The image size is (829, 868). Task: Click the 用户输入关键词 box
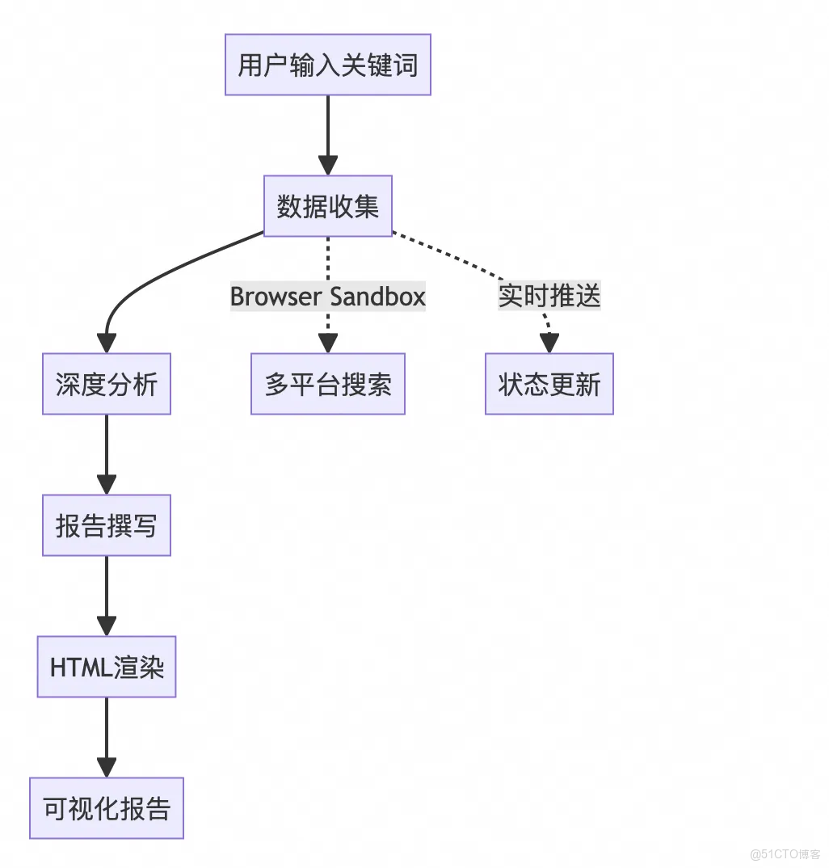click(327, 65)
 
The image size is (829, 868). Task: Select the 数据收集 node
click(327, 206)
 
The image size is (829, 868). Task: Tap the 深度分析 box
click(106, 384)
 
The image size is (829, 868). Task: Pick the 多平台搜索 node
click(327, 384)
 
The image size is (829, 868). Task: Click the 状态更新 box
click(549, 384)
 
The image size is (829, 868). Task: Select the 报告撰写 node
click(106, 525)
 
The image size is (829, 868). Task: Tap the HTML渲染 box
click(106, 667)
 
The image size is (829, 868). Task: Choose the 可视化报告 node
click(106, 808)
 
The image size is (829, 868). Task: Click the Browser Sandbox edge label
click(327, 297)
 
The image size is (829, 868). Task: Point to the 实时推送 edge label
click(549, 296)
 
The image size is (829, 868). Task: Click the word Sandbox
click(376, 297)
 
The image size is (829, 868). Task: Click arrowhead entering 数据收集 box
click(327, 165)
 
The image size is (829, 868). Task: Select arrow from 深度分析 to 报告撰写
click(106, 453)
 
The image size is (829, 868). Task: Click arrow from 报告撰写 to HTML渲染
click(106, 594)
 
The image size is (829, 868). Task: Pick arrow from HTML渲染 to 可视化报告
click(106, 735)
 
